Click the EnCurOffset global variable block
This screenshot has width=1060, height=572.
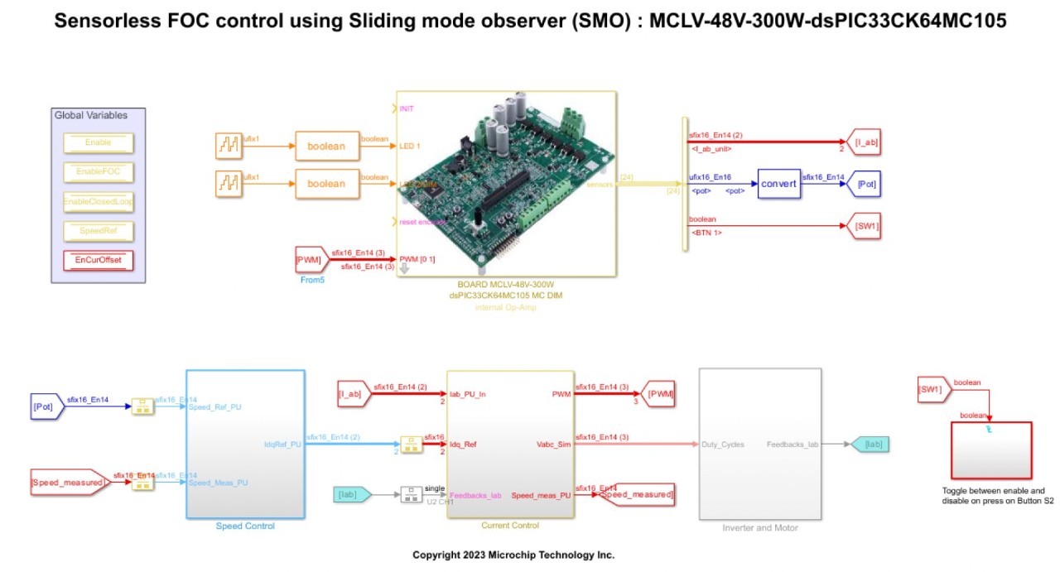click(x=98, y=260)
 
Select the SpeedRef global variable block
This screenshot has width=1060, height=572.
click(x=98, y=230)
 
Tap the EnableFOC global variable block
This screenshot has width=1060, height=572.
click(x=98, y=171)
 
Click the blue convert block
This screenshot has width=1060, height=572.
click(x=778, y=184)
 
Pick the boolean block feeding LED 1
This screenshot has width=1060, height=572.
click(x=326, y=147)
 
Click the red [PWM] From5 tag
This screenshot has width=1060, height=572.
click(x=308, y=260)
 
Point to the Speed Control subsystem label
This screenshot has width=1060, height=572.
click(x=245, y=526)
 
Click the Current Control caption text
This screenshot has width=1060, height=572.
click(x=509, y=526)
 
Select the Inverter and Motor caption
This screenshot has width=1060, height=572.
click(x=759, y=527)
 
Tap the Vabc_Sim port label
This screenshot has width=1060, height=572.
click(x=554, y=445)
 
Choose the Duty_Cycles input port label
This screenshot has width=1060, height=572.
click(x=722, y=445)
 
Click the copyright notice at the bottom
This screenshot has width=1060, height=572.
click(x=513, y=555)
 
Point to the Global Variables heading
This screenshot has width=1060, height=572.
click(x=91, y=115)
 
